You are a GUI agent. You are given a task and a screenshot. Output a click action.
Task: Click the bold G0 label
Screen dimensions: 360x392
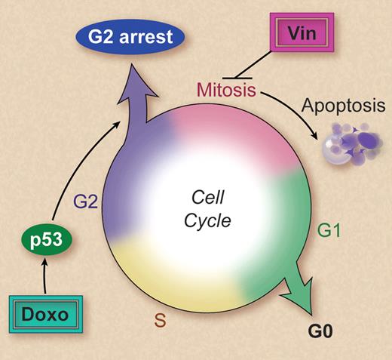pos(322,331)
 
